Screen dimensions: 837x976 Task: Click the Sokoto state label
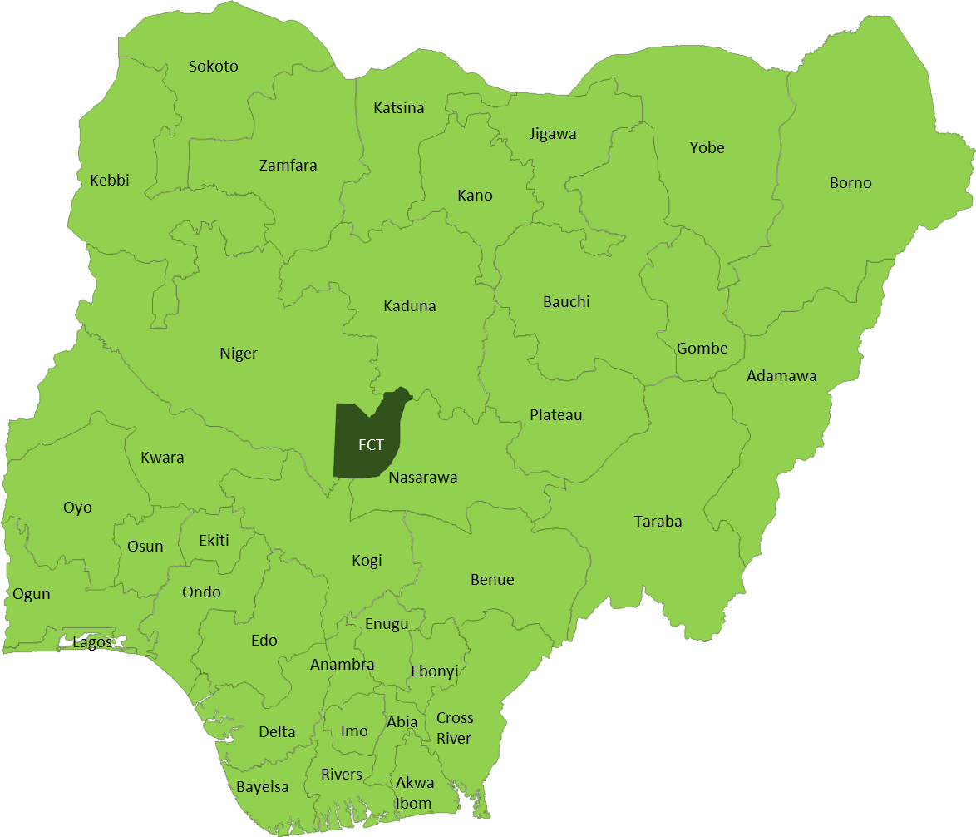pyautogui.click(x=213, y=67)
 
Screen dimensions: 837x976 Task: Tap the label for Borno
pyautogui.click(x=850, y=183)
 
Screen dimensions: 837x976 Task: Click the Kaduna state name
pyautogui.click(x=409, y=306)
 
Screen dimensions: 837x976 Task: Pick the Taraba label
pyautogui.click(x=658, y=522)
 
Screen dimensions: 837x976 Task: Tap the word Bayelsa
pyautogui.click(x=263, y=787)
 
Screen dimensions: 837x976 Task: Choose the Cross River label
pyautogui.click(x=454, y=728)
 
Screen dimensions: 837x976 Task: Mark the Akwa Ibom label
pyautogui.click(x=414, y=793)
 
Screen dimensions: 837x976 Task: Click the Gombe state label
pyautogui.click(x=702, y=349)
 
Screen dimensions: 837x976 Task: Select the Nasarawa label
pyautogui.click(x=422, y=478)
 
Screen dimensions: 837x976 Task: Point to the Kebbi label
pyautogui.click(x=110, y=181)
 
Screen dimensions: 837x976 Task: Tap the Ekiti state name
pyautogui.click(x=214, y=541)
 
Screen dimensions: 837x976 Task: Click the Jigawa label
pyautogui.click(x=553, y=134)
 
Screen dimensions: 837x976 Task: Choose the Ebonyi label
pyautogui.click(x=434, y=671)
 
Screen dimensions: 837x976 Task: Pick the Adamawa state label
pyautogui.click(x=781, y=376)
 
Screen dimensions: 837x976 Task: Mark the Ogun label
pyautogui.click(x=32, y=594)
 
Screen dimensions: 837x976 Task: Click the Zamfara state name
pyautogui.click(x=288, y=166)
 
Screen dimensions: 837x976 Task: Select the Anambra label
pyautogui.click(x=342, y=665)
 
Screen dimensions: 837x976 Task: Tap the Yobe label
pyautogui.click(x=707, y=148)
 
